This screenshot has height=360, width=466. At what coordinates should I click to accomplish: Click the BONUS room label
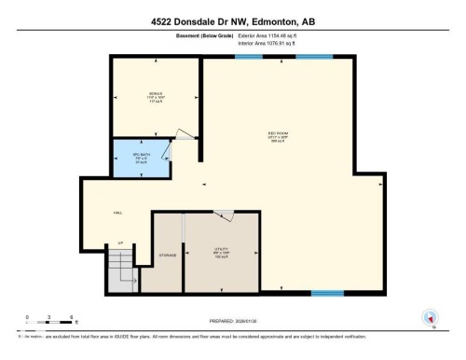156,94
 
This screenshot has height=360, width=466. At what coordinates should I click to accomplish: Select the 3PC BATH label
140,157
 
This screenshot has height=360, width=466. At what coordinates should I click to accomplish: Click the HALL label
117,213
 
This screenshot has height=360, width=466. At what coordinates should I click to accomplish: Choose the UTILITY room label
222,250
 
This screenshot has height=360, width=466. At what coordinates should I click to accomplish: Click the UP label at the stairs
120,244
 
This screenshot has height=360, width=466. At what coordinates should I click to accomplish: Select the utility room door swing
224,216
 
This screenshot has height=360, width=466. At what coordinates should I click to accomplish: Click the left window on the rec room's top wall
247,58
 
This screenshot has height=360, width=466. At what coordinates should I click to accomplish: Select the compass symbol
430,318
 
